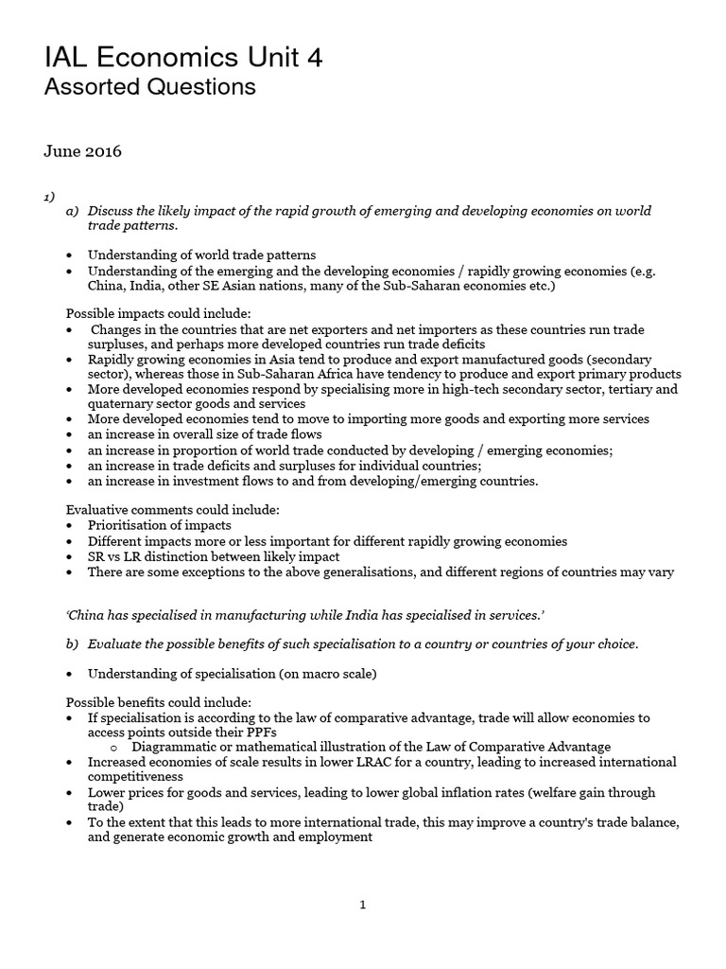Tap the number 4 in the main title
point(314,59)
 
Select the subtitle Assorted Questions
point(150,88)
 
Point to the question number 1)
point(48,196)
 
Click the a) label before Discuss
point(73,210)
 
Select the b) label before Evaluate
point(73,644)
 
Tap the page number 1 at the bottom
point(362,905)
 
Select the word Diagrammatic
point(167,747)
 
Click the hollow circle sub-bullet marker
point(112,747)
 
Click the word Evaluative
point(96,510)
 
